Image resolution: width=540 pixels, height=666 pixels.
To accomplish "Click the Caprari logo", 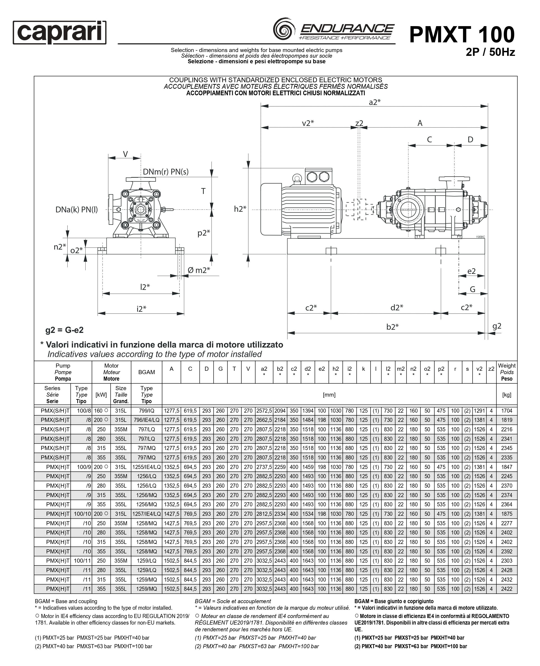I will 59,32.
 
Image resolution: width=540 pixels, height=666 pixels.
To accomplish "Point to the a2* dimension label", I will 375,102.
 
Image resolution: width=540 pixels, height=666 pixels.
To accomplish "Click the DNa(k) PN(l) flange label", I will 77,210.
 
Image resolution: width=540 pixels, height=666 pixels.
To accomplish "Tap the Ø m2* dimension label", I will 199,270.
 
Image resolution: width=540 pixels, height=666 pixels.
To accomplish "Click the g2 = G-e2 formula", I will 64,330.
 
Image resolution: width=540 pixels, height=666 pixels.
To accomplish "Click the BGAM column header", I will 146,372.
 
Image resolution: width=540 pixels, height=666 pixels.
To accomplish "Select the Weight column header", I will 506,372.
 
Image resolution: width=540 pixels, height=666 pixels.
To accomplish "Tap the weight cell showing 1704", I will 506,411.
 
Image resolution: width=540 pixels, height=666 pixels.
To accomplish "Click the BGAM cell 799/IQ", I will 146,411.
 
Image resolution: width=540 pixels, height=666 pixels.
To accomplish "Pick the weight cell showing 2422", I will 506,589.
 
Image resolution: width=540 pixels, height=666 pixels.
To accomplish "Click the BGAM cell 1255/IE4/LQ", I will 146,467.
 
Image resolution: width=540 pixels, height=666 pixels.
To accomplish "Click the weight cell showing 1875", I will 506,514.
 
